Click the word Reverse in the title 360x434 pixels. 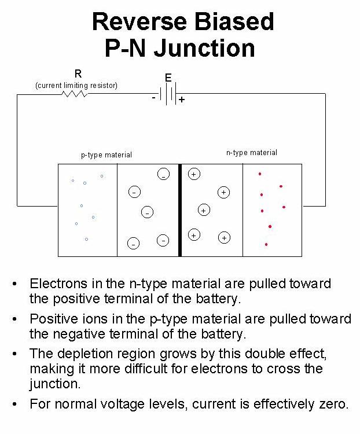(138, 22)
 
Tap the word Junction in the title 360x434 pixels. (207, 48)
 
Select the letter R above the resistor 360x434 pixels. (78, 73)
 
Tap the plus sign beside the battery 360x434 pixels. (182, 100)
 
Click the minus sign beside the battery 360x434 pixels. (153, 97)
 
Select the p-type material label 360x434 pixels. (106, 155)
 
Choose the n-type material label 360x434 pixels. (251, 153)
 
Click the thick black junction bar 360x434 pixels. (180, 209)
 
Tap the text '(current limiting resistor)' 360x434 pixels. (76, 86)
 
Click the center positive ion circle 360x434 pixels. (204, 211)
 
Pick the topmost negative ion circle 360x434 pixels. (164, 174)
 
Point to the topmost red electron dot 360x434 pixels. (260, 174)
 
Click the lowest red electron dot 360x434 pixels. (266, 244)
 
